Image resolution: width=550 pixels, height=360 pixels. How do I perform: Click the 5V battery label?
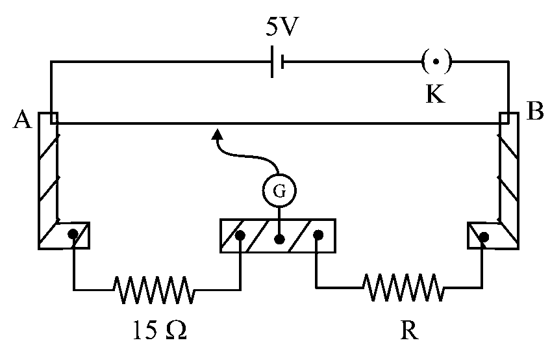pyautogui.click(x=282, y=27)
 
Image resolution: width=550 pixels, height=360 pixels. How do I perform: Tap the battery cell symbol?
pyautogui.click(x=277, y=62)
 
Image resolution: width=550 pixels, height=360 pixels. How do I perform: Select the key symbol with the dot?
pyautogui.click(x=436, y=62)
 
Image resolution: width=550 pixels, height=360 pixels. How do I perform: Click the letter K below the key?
pyautogui.click(x=435, y=94)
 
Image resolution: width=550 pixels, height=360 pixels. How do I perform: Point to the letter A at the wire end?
pyautogui.click(x=23, y=120)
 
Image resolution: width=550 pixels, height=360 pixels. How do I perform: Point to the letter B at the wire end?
pyautogui.click(x=534, y=111)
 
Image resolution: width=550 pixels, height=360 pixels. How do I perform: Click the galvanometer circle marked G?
pyautogui.click(x=279, y=190)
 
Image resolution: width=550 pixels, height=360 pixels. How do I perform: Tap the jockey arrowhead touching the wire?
pyautogui.click(x=218, y=134)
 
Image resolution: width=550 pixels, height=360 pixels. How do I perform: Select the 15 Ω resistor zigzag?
pyautogui.click(x=154, y=290)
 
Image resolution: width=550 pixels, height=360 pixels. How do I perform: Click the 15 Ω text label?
pyautogui.click(x=160, y=330)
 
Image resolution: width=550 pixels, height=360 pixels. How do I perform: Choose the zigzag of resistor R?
pyautogui.click(x=403, y=287)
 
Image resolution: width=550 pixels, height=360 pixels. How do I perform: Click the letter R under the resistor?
pyautogui.click(x=409, y=330)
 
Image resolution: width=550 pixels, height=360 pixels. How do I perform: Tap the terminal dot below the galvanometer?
pyautogui.click(x=279, y=239)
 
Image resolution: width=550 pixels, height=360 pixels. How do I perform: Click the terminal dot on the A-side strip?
pyautogui.click(x=73, y=234)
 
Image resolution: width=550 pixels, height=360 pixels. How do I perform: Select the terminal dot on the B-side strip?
pyautogui.click(x=484, y=237)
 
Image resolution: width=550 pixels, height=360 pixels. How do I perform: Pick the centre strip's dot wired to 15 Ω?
pyautogui.click(x=240, y=235)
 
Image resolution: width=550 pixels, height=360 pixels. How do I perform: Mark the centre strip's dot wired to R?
pyautogui.click(x=318, y=235)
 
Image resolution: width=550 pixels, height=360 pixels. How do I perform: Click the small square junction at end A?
pyautogui.click(x=54, y=118)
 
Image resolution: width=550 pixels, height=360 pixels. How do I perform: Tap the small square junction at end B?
pyautogui.click(x=505, y=118)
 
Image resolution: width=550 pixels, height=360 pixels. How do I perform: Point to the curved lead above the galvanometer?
pyautogui.click(x=245, y=155)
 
